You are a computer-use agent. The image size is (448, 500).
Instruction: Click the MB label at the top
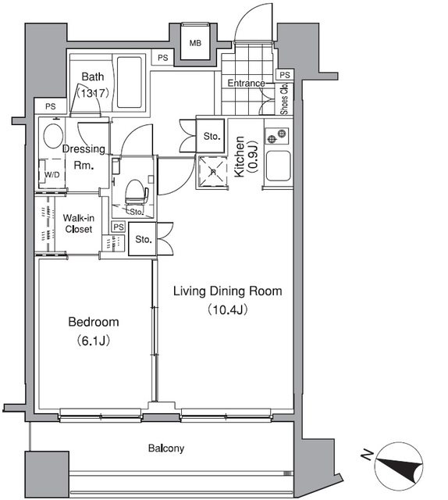196,43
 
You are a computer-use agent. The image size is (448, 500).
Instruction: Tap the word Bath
93,77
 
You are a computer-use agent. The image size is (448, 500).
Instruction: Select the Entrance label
246,84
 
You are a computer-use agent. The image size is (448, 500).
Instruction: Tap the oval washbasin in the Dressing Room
52,135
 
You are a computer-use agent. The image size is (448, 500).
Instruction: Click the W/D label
52,175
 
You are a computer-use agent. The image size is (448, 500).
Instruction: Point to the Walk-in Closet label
78,223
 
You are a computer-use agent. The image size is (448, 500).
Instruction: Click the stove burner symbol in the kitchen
274,139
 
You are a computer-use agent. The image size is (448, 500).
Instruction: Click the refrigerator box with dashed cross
210,172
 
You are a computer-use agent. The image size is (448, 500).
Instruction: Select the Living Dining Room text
226,291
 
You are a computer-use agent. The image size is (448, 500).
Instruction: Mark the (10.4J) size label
226,309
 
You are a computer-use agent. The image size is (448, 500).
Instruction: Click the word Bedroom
93,322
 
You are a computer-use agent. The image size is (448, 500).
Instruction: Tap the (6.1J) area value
93,340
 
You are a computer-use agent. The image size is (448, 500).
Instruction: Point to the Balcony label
166,448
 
